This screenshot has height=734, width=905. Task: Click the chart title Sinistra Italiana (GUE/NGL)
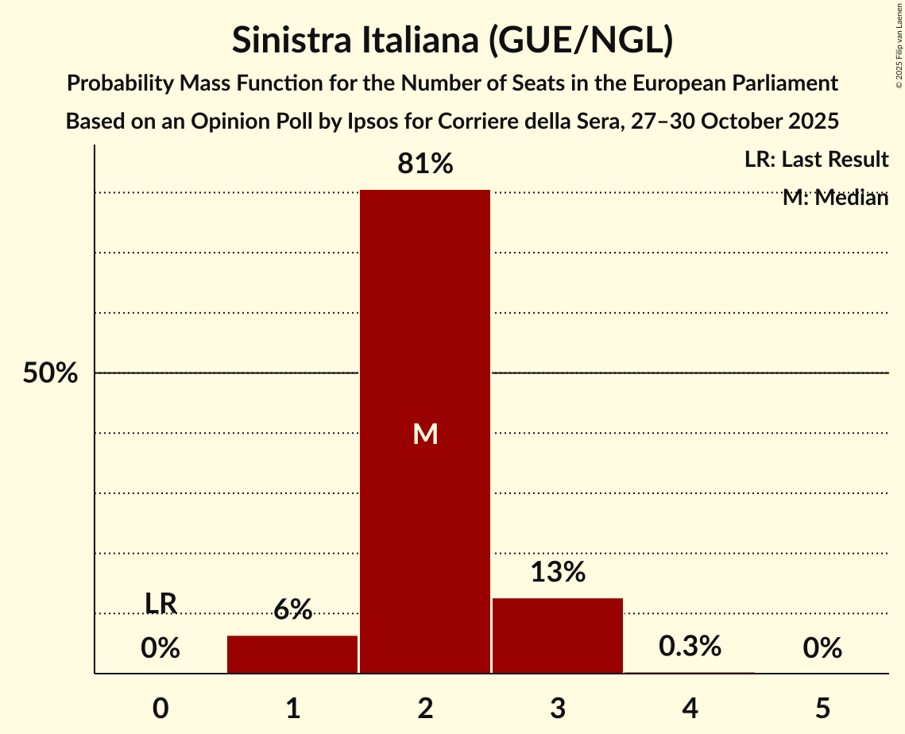452,41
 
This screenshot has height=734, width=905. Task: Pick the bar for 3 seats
558,635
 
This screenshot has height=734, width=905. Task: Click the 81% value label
425,164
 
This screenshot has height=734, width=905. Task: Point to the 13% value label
558,572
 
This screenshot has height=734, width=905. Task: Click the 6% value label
292,610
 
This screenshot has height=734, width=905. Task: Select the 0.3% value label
690,647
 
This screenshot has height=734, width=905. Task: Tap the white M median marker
425,434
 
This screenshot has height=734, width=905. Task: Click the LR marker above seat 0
161,604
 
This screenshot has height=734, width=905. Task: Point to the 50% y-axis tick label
50,373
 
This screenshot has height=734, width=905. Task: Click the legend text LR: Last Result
816,160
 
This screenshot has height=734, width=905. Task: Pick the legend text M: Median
835,198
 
